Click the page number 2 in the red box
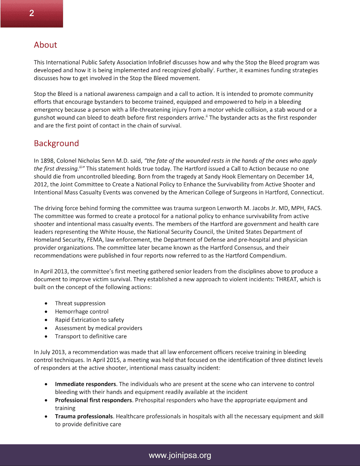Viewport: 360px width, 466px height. pyautogui.click(x=32, y=13)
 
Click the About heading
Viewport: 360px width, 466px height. pyautogui.click(x=45, y=45)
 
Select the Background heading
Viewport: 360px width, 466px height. pyautogui.click(x=56, y=143)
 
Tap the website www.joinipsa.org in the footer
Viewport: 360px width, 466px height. pyautogui.click(x=180, y=455)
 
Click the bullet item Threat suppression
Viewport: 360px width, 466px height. pyautogui.click(x=80, y=303)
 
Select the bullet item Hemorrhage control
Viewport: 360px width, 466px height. pyautogui.click(x=81, y=312)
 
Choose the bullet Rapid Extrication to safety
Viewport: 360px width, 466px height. pyautogui.click(x=89, y=320)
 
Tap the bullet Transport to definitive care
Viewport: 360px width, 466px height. pyautogui.click(x=91, y=336)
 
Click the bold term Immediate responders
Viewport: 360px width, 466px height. pyautogui.click(x=86, y=384)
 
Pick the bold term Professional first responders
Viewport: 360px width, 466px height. pyautogui.click(x=93, y=400)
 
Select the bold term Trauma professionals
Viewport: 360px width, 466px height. pyautogui.click(x=84, y=416)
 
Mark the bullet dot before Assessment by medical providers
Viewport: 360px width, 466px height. pyautogui.click(x=46, y=328)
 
